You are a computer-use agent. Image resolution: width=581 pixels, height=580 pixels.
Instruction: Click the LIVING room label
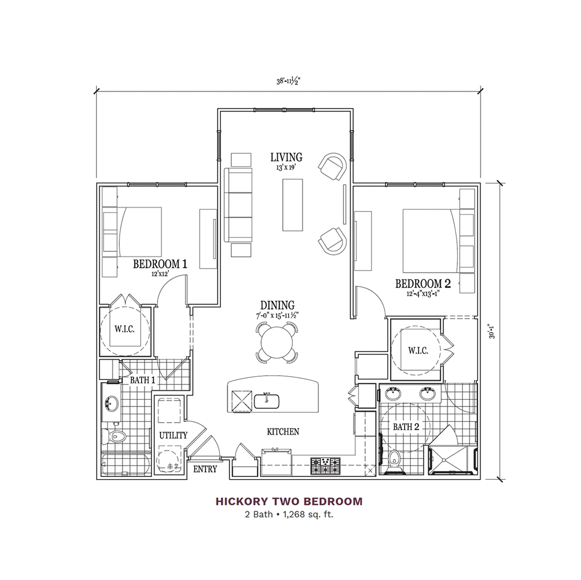pyautogui.click(x=286, y=157)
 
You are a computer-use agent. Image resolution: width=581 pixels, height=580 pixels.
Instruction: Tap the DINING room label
pyautogui.click(x=278, y=305)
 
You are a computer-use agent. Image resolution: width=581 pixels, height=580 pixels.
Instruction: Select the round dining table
pyautogui.click(x=277, y=342)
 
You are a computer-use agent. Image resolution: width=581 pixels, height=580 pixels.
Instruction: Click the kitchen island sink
pyautogui.click(x=267, y=401)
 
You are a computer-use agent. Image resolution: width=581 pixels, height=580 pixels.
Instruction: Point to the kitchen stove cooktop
pyautogui.click(x=326, y=466)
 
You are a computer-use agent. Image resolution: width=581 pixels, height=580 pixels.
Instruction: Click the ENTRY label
pyautogui.click(x=205, y=469)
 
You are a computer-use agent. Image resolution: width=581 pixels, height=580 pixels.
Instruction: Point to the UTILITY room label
pyautogui.click(x=173, y=435)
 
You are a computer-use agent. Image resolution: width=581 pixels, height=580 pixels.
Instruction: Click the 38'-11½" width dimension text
pyautogui.click(x=289, y=82)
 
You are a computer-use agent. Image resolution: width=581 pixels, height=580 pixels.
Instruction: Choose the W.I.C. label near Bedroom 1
pyautogui.click(x=125, y=329)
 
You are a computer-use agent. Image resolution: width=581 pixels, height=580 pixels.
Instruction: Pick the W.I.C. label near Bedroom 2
pyautogui.click(x=418, y=350)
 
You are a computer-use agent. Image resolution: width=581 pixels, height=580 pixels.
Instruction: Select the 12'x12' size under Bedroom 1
pyautogui.click(x=160, y=274)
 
